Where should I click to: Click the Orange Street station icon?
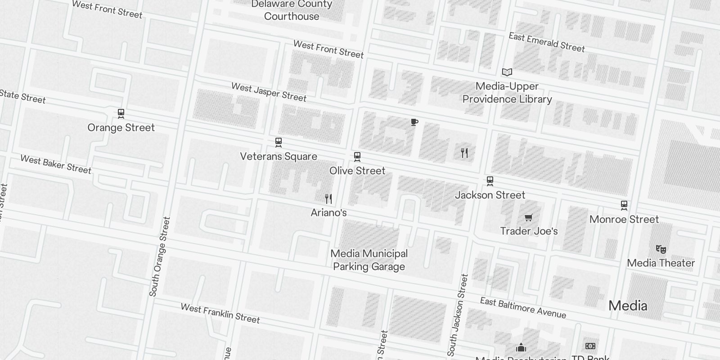point(121,113)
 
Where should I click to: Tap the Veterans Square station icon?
point(279,143)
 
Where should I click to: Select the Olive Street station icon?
point(357,157)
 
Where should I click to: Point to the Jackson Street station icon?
point(490,181)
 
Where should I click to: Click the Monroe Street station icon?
point(624,205)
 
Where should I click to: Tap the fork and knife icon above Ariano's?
point(328,198)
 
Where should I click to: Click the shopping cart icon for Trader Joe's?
point(529,218)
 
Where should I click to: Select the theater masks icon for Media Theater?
point(661,249)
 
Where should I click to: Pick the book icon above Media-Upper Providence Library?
point(507,72)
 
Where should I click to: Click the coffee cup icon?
point(414,122)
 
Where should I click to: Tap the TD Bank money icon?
point(590,346)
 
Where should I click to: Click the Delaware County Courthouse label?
point(292,10)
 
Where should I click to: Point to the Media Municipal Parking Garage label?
point(369,260)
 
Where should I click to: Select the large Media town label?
point(628,306)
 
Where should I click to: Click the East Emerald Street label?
point(547,42)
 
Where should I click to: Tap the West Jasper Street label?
point(269,92)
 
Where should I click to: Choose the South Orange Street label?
point(160,256)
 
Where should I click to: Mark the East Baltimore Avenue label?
point(523,307)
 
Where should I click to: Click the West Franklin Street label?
point(220,313)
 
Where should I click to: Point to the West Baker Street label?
point(56,165)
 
